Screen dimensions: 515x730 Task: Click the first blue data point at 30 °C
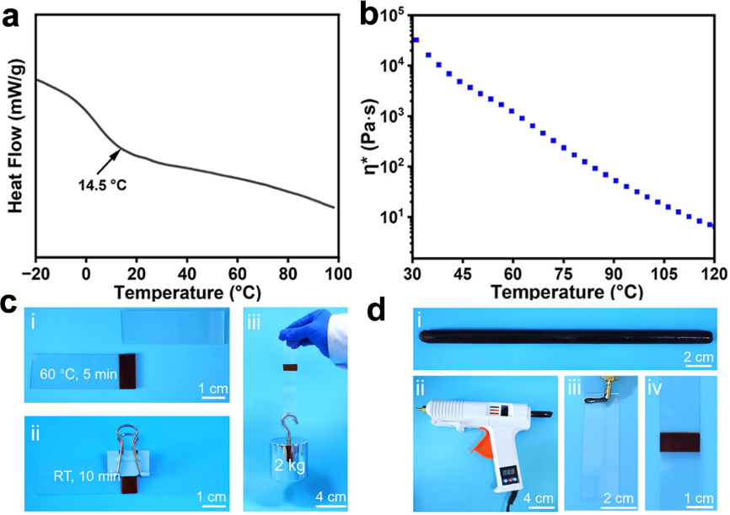tap(416, 40)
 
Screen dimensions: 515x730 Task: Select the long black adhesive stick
tap(568, 335)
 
